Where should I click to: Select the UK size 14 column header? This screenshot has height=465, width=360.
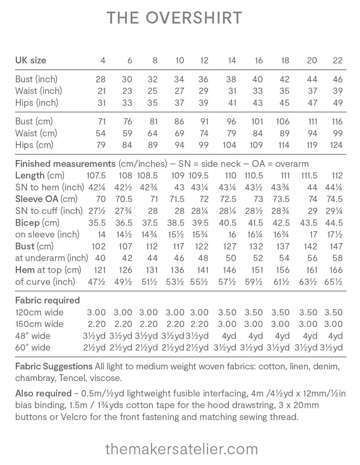(232, 60)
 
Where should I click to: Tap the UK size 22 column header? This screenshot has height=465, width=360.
(337, 60)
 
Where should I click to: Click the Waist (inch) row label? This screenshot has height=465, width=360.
(39, 91)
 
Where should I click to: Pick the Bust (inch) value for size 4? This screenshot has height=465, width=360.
(100, 79)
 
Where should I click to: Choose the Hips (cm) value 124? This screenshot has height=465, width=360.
(336, 145)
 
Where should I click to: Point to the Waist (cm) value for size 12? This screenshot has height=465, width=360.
(204, 133)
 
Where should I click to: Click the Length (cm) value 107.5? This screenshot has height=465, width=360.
(96, 176)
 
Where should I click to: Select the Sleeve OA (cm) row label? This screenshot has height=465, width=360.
(46, 199)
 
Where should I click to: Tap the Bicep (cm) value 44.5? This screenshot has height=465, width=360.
(334, 223)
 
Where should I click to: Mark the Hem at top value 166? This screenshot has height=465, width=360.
(336, 270)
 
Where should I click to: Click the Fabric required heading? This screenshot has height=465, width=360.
(47, 300)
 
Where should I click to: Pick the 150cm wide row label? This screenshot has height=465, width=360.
(39, 324)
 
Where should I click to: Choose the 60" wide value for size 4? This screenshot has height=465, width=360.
(94, 348)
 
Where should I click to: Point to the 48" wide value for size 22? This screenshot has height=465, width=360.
(335, 336)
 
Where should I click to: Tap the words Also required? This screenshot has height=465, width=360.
(43, 394)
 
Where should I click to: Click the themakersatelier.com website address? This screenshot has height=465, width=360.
(181, 449)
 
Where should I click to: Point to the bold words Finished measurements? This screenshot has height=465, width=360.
(65, 164)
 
